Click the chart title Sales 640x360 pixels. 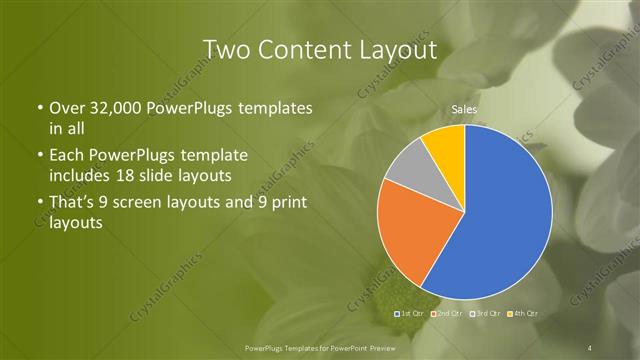pyautogui.click(x=463, y=107)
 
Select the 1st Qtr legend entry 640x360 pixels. pyautogui.click(x=410, y=314)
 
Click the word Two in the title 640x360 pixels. pyautogui.click(x=226, y=49)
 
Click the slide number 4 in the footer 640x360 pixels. pyautogui.click(x=591, y=346)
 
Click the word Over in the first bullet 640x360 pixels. pyautogui.click(x=67, y=107)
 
